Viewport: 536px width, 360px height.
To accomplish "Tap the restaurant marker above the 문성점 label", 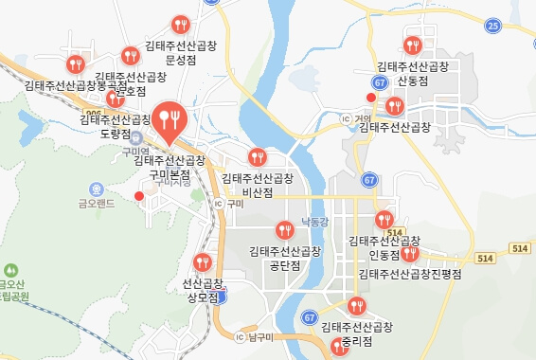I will pos(181,25).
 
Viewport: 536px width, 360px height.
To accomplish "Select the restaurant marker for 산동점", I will pos(413,45).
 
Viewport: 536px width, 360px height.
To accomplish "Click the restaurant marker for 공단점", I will pos(284,229).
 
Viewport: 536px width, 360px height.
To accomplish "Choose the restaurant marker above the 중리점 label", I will pos(356,305).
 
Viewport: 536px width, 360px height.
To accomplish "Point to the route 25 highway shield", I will pos(491,26).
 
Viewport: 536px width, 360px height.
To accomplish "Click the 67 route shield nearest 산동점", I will pos(379,83).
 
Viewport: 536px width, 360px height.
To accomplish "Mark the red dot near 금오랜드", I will pos(139,195).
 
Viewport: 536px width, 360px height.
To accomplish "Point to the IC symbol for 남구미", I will pos(240,336).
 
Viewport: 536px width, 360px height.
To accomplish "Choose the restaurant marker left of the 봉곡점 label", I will pos(75,64).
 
